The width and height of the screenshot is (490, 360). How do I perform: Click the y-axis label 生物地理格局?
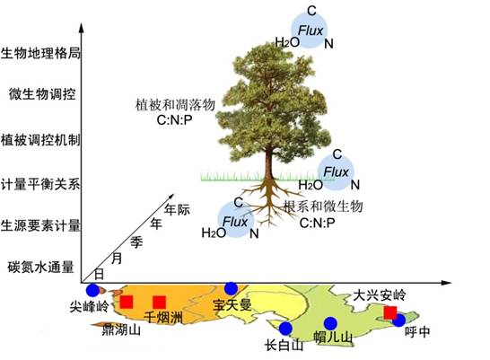40,54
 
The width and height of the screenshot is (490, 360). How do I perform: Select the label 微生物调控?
42,93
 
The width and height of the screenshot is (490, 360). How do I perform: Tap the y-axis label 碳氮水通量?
41,268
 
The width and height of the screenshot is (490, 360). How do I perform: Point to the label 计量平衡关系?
40,184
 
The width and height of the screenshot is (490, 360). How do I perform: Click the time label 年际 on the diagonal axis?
177,210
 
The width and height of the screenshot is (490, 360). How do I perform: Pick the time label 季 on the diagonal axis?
136,241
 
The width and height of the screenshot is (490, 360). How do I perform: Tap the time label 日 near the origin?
99,274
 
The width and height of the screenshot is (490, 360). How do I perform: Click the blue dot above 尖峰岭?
92,290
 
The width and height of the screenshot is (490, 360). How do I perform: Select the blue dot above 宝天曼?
231,288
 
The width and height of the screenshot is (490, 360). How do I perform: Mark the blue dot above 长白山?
285,329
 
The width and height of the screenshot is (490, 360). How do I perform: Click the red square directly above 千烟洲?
160,303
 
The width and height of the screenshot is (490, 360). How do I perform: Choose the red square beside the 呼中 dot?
390,312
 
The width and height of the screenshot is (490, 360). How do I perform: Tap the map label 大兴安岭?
380,295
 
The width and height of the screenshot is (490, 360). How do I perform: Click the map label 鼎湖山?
121,330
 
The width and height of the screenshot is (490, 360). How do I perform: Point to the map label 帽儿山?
333,338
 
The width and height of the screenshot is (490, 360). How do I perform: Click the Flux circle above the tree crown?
310,31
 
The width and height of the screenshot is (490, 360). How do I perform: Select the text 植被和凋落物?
175,105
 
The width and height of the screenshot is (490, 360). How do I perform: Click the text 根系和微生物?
323,206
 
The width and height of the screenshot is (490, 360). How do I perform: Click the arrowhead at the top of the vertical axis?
82,28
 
